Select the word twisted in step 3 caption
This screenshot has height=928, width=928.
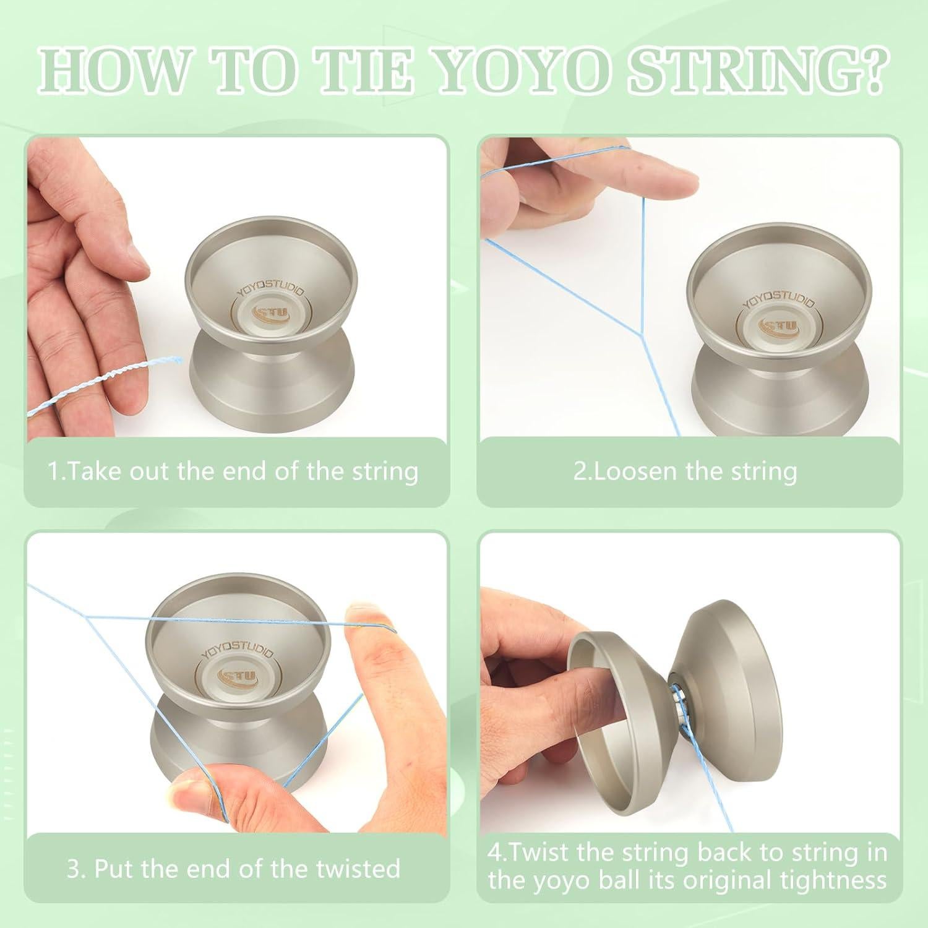click(359, 869)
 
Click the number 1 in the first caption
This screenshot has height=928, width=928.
click(53, 471)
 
